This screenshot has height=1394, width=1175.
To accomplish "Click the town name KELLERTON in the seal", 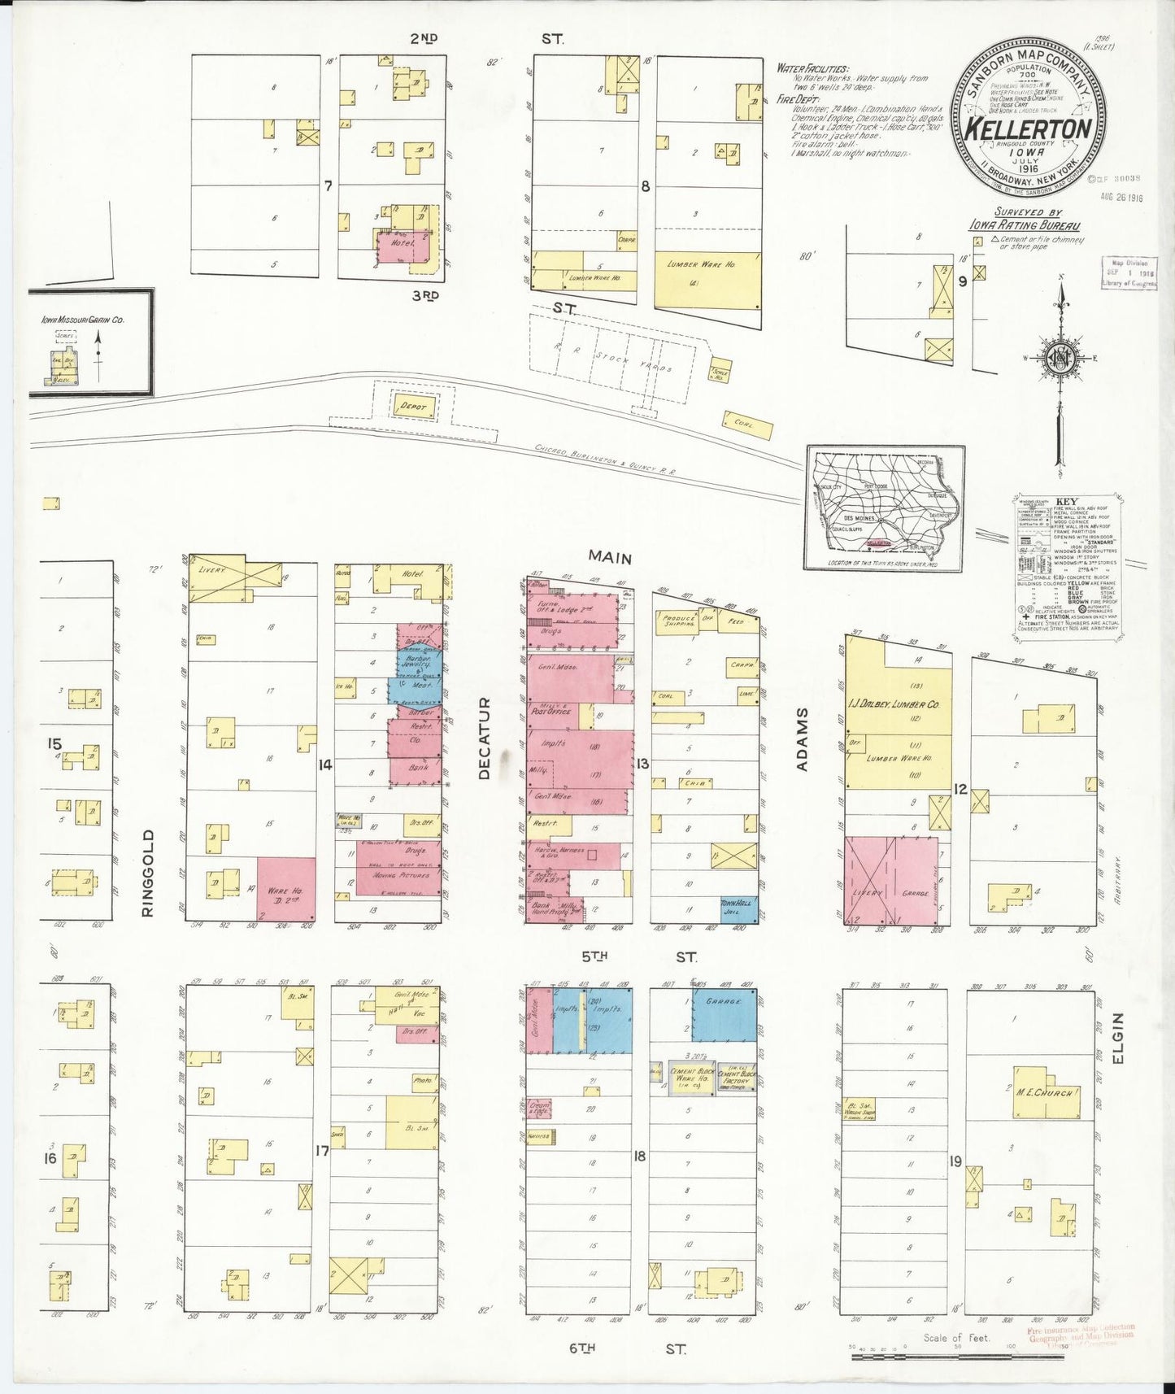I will (x=1028, y=129).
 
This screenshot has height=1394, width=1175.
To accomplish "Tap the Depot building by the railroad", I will (x=413, y=406).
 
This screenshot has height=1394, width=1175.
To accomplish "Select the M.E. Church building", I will (x=1045, y=1091).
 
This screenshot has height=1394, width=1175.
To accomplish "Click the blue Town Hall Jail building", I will (x=738, y=908).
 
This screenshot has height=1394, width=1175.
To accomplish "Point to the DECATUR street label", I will (x=485, y=738).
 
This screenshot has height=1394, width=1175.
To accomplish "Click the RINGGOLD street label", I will (x=147, y=873).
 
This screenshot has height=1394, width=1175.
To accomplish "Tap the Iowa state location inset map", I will (x=885, y=508).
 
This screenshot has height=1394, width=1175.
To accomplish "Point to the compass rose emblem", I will (x=1060, y=357).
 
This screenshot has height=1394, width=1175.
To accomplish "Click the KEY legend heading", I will (x=1066, y=502).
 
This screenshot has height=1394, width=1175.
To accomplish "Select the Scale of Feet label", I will (x=955, y=1337).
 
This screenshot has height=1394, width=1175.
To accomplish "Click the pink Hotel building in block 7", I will (x=402, y=247).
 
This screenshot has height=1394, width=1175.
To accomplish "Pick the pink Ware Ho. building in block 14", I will (x=286, y=889).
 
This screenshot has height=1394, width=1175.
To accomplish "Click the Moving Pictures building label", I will (x=395, y=875).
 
